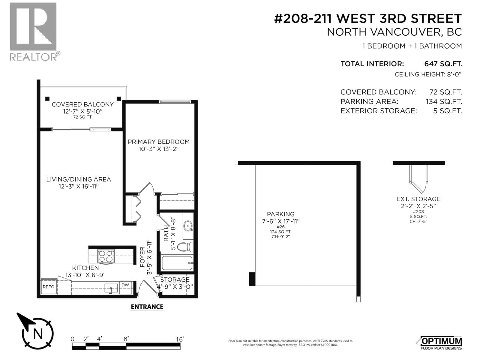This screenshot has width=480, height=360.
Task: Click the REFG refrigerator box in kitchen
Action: (48, 287)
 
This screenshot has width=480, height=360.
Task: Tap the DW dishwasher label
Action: (125, 285)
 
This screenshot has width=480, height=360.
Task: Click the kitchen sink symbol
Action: (111, 288)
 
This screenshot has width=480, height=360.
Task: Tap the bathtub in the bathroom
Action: (177, 263)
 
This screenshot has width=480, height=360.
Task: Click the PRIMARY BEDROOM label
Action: (159, 142)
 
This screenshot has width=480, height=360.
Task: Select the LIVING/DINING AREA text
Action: (79, 179)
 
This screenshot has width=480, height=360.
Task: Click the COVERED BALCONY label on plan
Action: (83, 104)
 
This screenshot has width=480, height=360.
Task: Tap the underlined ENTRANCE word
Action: (147, 307)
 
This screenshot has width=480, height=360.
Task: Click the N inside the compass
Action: (38, 334)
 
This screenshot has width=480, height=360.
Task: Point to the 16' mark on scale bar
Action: (180, 339)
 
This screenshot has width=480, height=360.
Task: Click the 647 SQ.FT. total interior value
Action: (443, 64)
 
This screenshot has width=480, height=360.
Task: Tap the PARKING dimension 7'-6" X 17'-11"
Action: (280, 221)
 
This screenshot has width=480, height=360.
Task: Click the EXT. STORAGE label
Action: (418, 199)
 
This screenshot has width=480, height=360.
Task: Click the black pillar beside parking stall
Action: (252, 279)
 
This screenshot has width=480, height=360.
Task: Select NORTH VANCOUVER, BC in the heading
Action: (394, 32)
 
